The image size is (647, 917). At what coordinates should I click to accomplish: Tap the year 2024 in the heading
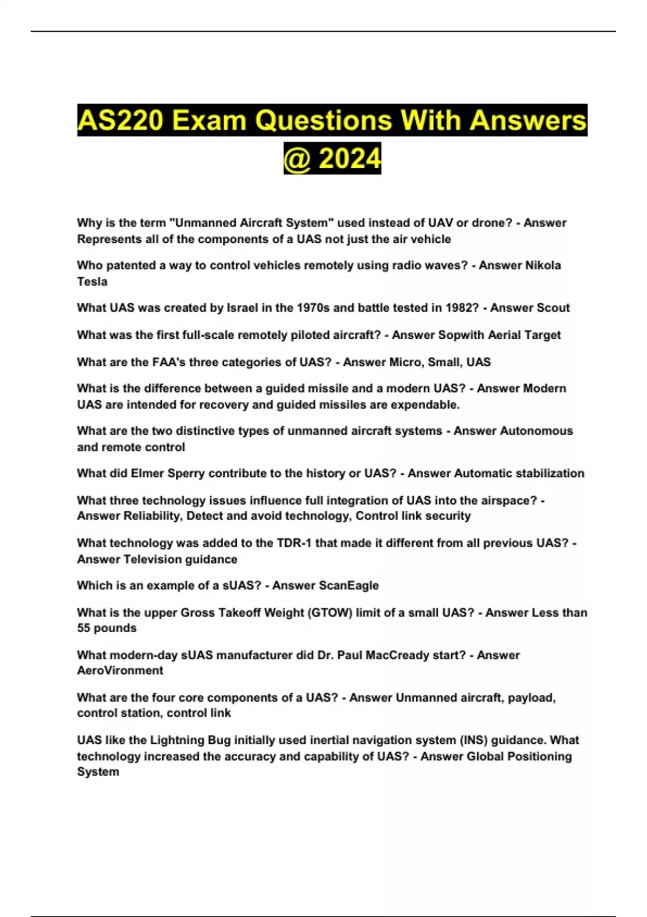coord(349,159)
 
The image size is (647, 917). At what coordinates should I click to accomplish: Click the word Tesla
coord(92,282)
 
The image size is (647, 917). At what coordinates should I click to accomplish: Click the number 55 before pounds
coord(84,628)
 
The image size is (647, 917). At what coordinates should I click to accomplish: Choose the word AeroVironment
coord(120,670)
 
